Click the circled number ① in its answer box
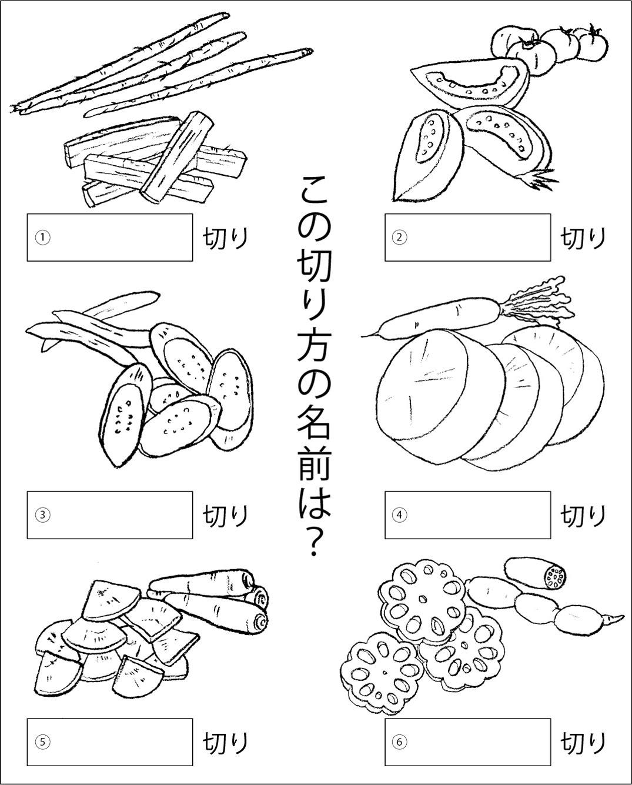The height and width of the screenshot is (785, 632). tap(43, 238)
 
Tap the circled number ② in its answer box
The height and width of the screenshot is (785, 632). tap(399, 238)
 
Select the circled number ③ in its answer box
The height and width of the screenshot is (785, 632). tap(43, 515)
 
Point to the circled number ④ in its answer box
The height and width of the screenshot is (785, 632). tap(399, 515)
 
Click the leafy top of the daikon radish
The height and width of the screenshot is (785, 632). tap(536, 303)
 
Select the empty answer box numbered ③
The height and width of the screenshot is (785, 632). tap(110, 515)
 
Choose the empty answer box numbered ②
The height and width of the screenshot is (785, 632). tap(467, 238)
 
